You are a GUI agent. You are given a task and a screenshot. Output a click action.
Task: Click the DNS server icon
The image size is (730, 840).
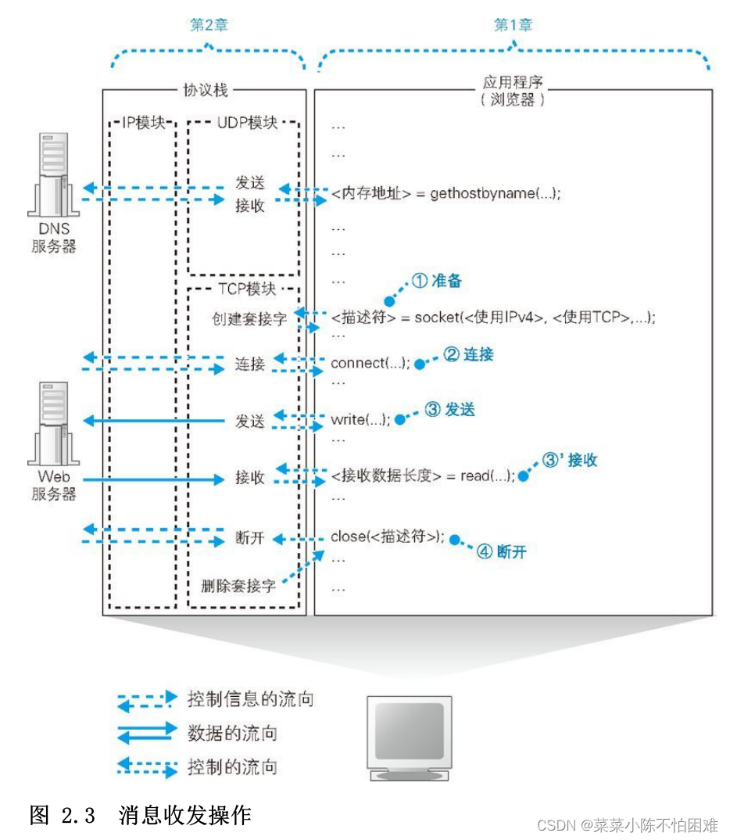pyautogui.click(x=53, y=175)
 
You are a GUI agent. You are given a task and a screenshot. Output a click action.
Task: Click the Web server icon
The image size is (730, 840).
pyautogui.click(x=53, y=422)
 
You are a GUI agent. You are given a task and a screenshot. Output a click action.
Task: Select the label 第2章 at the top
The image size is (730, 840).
pyautogui.click(x=209, y=25)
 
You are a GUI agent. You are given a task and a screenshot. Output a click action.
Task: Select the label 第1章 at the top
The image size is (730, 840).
pyautogui.click(x=513, y=25)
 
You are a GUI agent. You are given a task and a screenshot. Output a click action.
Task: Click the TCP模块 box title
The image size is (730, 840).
pyautogui.click(x=245, y=289)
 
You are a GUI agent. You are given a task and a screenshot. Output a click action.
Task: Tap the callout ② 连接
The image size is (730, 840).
pyautogui.click(x=469, y=354)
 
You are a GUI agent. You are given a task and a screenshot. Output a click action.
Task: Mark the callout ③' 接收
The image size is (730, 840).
pyautogui.click(x=570, y=460)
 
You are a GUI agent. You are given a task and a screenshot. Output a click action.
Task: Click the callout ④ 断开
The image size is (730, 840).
pyautogui.click(x=502, y=552)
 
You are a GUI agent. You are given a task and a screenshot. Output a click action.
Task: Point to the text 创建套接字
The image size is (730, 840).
pyautogui.click(x=249, y=318)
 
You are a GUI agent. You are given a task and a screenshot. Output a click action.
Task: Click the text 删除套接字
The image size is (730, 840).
pyautogui.click(x=238, y=586)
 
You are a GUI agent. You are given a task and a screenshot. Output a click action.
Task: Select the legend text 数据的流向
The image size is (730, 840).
pyautogui.click(x=232, y=733)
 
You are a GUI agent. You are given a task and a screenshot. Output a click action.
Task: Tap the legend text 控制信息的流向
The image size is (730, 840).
pyautogui.click(x=250, y=698)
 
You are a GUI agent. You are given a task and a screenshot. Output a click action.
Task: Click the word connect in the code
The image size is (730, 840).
pyautogui.click(x=357, y=364)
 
